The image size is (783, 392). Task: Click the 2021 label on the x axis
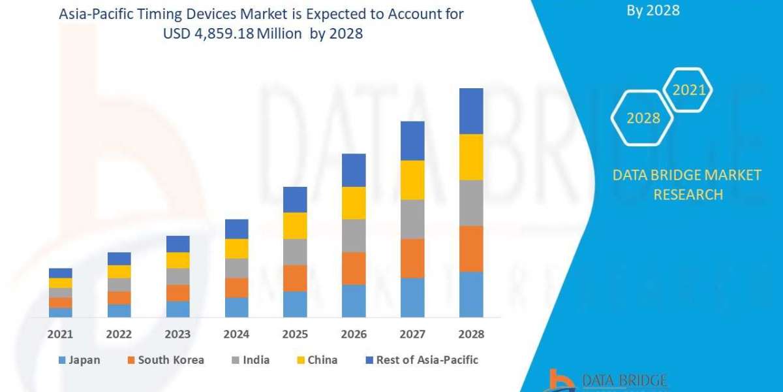[60, 334]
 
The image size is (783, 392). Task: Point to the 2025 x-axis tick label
[295, 334]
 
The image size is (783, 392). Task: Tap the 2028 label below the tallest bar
[471, 334]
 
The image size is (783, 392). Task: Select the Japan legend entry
[79, 360]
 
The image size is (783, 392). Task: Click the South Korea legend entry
[165, 360]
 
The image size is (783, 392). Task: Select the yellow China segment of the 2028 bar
[471, 157]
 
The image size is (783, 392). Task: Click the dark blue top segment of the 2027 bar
[412, 140]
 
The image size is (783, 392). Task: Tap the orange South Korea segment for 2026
[354, 268]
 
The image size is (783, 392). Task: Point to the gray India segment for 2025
[295, 252]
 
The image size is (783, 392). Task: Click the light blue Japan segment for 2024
[236, 307]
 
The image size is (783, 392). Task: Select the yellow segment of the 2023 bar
[177, 260]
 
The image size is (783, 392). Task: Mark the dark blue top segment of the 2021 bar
[60, 272]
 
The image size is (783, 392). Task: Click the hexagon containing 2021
[688, 90]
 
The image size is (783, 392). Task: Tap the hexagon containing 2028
[643, 118]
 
